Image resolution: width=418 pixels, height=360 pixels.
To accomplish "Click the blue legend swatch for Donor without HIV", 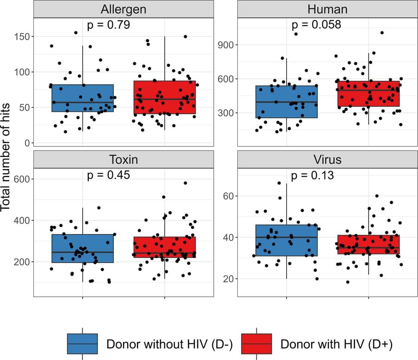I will pos(83,344).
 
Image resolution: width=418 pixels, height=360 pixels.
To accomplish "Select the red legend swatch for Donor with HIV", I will pos(257,344).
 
